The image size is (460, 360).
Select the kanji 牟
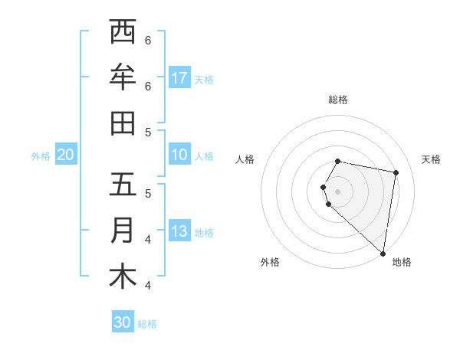pyautogui.click(x=123, y=77)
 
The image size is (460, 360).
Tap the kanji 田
pyautogui.click(x=123, y=123)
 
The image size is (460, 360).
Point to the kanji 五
pyautogui.click(x=123, y=185)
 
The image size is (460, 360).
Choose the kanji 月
pyautogui.click(x=123, y=231)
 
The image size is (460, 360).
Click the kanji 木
pyautogui.click(x=123, y=277)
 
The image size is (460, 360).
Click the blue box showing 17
pyautogui.click(x=179, y=78)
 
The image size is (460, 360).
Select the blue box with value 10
pyautogui.click(x=179, y=155)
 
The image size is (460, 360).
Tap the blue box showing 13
pyautogui.click(x=179, y=231)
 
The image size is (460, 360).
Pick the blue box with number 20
pyautogui.click(x=65, y=155)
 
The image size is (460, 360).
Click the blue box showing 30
pyautogui.click(x=123, y=322)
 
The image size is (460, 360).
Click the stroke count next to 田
pyautogui.click(x=148, y=132)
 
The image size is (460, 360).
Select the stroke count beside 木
pyautogui.click(x=148, y=285)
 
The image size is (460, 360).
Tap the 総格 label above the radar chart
pyautogui.click(x=338, y=100)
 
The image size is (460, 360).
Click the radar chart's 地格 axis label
pyautogui.click(x=402, y=262)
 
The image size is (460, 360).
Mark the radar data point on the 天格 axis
pyautogui.click(x=396, y=173)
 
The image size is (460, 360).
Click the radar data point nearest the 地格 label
pyautogui.click(x=383, y=254)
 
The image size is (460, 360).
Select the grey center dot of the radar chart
pyautogui.click(x=338, y=191)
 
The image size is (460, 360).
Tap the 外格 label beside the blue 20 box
pyautogui.click(x=41, y=155)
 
